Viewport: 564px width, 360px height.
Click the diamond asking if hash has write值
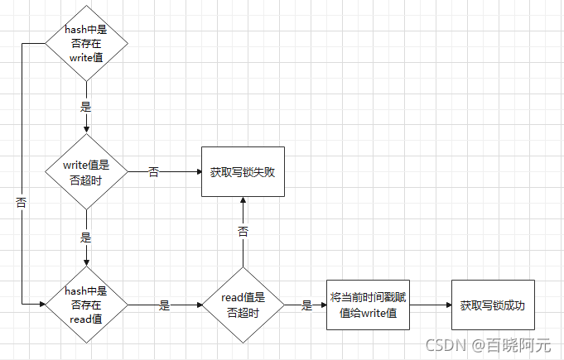click(x=86, y=41)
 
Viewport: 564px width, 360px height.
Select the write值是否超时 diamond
click(x=86, y=172)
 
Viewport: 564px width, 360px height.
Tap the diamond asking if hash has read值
click(x=86, y=305)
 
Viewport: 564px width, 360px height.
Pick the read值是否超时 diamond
click(x=243, y=305)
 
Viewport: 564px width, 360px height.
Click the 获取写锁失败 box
click(x=243, y=172)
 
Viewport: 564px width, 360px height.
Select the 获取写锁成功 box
click(x=492, y=305)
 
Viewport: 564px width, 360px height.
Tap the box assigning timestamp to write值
click(x=368, y=305)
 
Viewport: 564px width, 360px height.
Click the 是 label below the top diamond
click(x=86, y=107)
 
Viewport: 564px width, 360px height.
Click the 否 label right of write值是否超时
click(x=154, y=172)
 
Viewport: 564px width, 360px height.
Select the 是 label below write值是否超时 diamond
click(x=86, y=238)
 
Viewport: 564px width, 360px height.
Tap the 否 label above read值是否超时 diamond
click(x=243, y=232)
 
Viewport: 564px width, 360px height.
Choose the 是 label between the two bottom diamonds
click(x=164, y=305)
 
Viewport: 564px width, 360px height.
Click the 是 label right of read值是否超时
click(x=306, y=305)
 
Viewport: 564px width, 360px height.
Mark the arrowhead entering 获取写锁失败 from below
click(x=243, y=201)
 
